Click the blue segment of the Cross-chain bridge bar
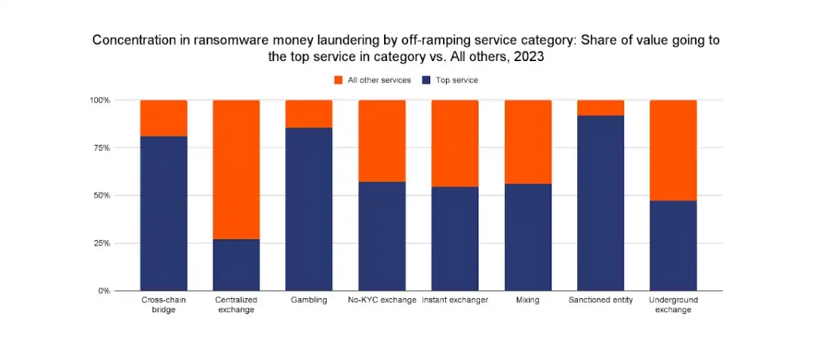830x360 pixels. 164,213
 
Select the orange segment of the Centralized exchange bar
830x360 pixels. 236,169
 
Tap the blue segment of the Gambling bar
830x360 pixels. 309,209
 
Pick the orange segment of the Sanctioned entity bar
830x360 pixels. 601,107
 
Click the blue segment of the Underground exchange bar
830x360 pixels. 673,245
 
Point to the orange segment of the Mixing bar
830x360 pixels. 528,142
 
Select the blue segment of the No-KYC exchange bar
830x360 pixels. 382,235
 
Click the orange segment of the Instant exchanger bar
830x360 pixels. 455,143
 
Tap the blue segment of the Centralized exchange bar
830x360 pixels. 236,264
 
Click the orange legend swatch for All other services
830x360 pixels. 338,80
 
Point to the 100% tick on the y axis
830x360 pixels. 100,100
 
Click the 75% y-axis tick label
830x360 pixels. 102,148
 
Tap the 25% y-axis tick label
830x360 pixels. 102,243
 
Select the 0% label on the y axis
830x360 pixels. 104,291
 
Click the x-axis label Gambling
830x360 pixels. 309,300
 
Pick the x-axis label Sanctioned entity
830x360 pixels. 601,300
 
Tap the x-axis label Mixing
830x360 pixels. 528,300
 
